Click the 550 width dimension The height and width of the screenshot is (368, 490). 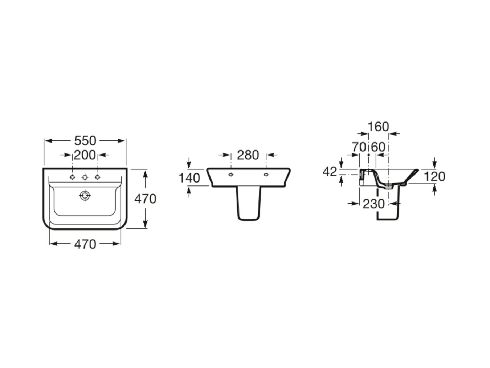85,141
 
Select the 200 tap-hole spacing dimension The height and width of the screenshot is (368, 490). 85,155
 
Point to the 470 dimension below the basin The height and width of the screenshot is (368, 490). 85,244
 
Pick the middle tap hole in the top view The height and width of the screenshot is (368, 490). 85,177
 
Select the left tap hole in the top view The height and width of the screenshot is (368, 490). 72,177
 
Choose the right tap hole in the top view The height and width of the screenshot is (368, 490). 97,177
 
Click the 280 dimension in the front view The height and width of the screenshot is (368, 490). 248,155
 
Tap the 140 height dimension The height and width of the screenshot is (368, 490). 189,178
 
